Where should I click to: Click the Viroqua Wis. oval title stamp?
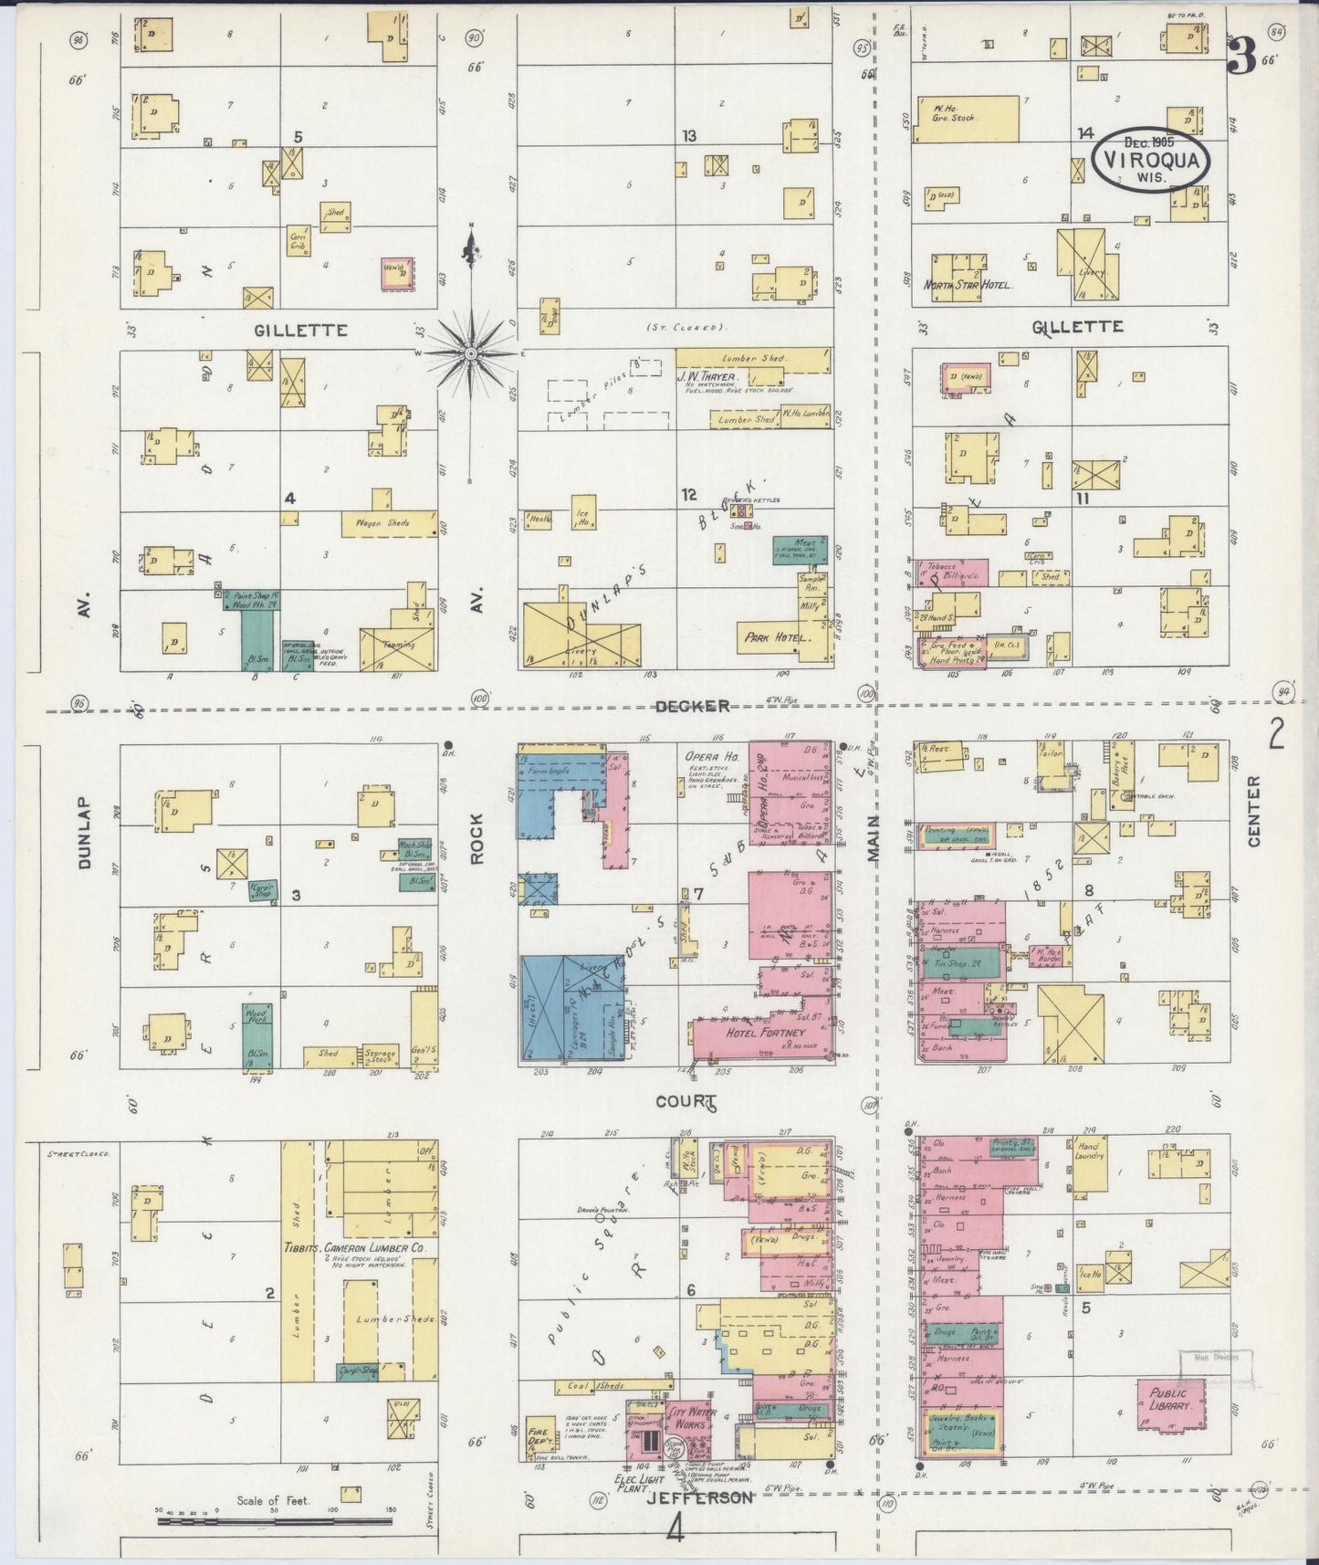click(1151, 158)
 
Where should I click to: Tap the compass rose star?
click(470, 352)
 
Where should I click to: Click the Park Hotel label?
click(777, 638)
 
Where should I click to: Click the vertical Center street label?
click(1253, 812)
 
